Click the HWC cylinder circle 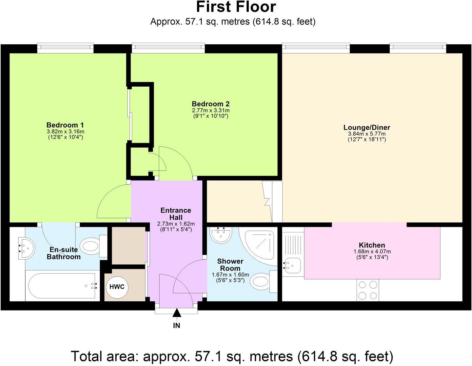pos(117,287)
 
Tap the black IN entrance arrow pos(177,313)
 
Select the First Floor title pos(236,7)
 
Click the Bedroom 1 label pos(65,125)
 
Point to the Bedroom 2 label pos(210,104)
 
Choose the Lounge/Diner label pos(366,127)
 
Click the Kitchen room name pos(372,245)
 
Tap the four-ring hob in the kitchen pos(367,290)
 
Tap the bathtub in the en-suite pos(63,286)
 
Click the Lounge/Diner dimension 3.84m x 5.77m pos(366,134)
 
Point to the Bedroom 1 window pos(65,48)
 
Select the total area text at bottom pos(232,356)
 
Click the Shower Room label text pos(230,265)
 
